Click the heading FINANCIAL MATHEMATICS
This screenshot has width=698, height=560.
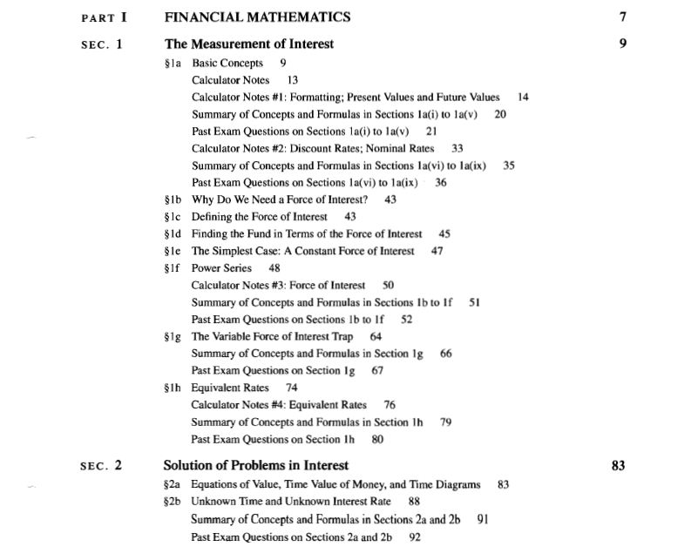click(257, 17)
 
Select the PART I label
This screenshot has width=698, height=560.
click(104, 17)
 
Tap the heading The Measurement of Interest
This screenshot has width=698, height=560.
click(248, 44)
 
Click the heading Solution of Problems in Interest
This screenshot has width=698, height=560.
click(256, 465)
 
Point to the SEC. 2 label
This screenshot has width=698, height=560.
click(101, 465)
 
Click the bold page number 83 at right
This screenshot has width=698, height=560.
click(618, 466)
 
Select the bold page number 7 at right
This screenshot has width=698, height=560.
click(622, 17)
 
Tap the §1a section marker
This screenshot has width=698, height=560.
click(173, 64)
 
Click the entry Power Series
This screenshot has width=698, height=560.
click(221, 268)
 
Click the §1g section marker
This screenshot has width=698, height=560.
click(173, 336)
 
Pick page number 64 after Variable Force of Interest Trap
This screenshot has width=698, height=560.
click(376, 336)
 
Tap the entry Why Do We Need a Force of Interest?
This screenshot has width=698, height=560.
click(279, 199)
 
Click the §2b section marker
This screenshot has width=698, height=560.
click(173, 502)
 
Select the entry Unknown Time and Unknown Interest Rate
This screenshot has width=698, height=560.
click(292, 502)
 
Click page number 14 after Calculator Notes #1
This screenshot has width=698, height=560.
click(523, 98)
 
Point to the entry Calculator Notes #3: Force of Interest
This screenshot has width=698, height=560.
click(280, 286)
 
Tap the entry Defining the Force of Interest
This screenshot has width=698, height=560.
click(260, 217)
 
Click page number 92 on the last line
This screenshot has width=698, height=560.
click(415, 537)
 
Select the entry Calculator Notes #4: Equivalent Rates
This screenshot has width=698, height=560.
click(279, 405)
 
